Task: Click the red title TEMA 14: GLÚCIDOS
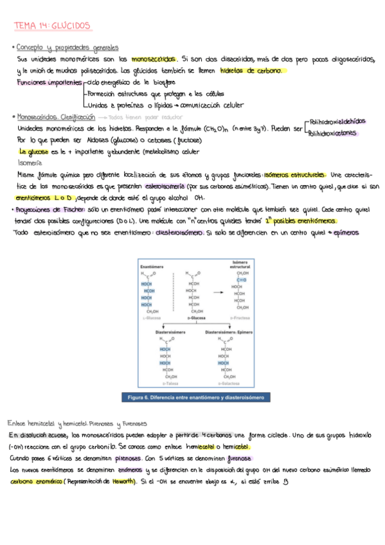[53, 26]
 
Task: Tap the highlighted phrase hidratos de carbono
[253, 71]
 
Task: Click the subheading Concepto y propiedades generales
[67, 48]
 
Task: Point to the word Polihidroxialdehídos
[337, 121]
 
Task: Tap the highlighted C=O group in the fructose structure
[241, 280]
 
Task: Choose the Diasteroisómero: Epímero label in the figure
[229, 332]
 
